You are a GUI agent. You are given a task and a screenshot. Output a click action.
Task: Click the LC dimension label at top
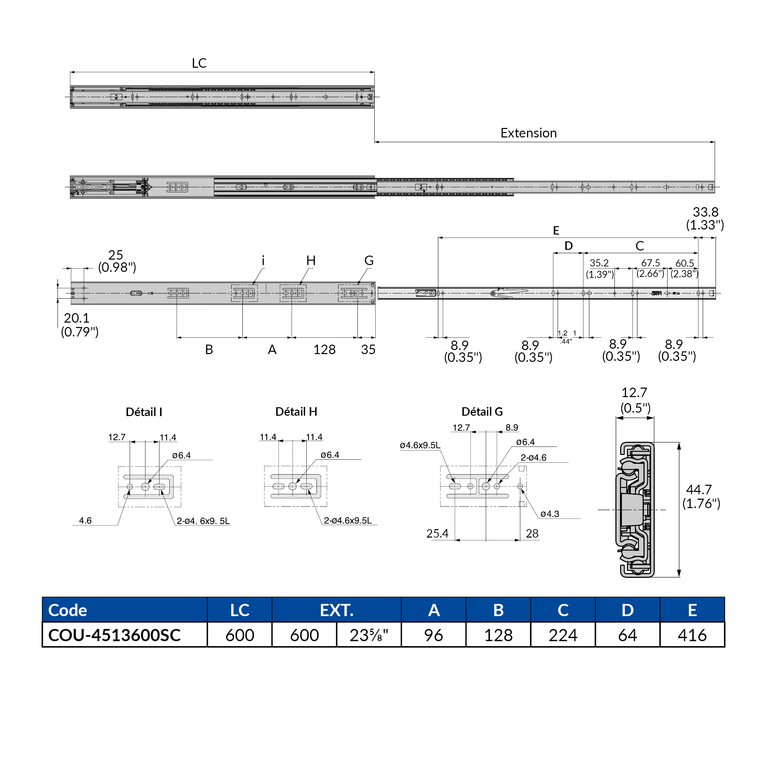pos(199,63)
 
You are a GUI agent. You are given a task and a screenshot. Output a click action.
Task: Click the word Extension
pos(528,133)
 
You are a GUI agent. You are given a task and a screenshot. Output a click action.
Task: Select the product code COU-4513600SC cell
pos(114,635)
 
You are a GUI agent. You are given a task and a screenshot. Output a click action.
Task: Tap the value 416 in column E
pos(692,635)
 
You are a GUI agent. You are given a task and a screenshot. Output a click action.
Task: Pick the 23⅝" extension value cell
pos(368,635)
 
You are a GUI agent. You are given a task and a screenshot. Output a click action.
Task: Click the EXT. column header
pos(336,610)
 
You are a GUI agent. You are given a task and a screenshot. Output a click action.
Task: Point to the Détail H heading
pos(296,412)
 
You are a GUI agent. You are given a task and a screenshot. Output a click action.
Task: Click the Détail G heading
pos(482,412)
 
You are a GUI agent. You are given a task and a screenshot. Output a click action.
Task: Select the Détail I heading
pos(144,412)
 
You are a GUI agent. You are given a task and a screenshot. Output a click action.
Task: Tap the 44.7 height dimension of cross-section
pos(699,490)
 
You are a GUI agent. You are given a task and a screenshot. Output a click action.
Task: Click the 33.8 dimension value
pos(705,212)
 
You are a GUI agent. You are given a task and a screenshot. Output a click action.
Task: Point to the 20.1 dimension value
pos(76,318)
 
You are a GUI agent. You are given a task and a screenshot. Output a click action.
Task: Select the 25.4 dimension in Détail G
pos(437,534)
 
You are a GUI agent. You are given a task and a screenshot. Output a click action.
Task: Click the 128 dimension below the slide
pos(324,350)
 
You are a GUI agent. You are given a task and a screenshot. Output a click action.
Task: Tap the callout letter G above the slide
pos(369,261)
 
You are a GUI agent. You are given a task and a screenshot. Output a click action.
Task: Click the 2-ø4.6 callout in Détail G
pos(534,458)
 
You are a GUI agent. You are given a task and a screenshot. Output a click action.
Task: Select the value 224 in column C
pos(563,635)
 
